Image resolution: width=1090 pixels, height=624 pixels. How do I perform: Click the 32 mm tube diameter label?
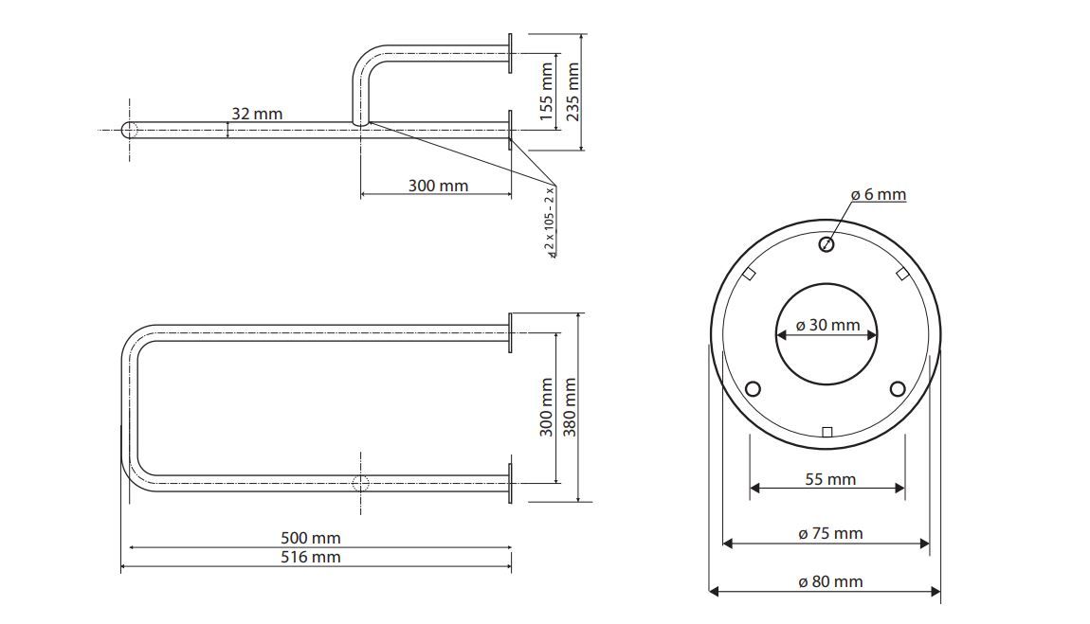click(x=257, y=114)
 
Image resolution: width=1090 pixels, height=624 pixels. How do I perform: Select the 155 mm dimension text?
click(x=546, y=92)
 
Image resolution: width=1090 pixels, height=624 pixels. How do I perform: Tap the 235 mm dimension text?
click(x=572, y=92)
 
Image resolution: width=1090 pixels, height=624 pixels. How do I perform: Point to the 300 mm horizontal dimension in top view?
click(x=438, y=186)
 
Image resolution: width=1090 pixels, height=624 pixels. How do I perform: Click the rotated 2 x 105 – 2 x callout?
click(x=552, y=223)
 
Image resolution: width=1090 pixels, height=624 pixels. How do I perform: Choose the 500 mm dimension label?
click(x=311, y=538)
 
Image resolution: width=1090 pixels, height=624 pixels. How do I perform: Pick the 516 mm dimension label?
click(x=311, y=558)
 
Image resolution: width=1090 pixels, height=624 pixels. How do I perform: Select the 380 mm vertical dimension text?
click(x=570, y=407)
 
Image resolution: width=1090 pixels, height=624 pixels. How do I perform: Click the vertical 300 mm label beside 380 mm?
click(x=546, y=407)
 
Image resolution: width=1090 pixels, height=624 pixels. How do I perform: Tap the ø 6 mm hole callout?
click(x=879, y=195)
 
